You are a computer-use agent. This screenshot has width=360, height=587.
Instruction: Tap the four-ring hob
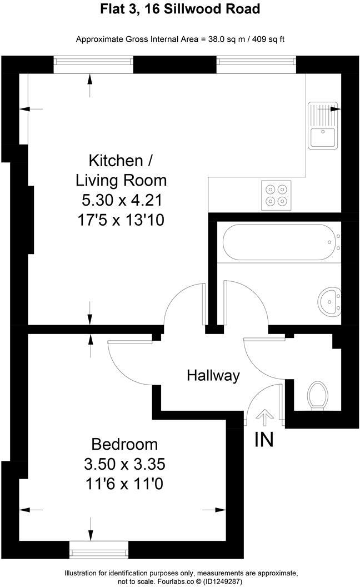pos(277,195)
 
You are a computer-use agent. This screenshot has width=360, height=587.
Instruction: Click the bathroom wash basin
pos(328,302)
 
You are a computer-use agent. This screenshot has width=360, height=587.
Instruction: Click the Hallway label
pos(213,376)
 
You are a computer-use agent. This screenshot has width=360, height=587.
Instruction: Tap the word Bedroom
pos(124,444)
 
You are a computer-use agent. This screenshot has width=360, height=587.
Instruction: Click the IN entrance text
pos(264,440)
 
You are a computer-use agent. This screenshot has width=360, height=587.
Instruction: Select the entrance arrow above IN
pos(264,416)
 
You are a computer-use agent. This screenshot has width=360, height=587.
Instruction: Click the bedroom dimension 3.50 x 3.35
pos(124,464)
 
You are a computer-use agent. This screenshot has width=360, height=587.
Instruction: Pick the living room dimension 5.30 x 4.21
pos(121,200)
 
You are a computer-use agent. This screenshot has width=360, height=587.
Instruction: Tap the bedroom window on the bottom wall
pos(98,550)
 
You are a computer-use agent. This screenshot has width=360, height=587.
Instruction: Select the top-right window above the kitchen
pos(256,65)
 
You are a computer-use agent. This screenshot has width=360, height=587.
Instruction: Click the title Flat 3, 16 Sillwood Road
pos(180,9)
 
